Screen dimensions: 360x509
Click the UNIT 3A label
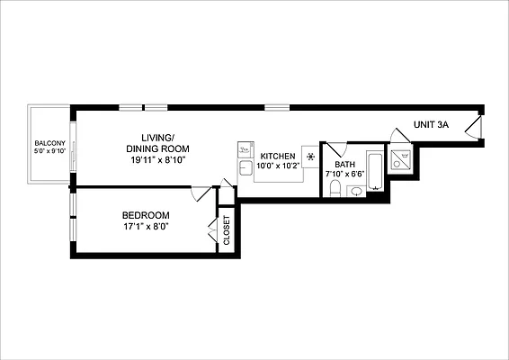431,125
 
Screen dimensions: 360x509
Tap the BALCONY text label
47,144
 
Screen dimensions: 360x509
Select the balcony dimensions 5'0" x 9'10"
47,152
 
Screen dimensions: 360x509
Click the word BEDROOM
146,216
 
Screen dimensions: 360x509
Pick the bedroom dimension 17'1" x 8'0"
146,228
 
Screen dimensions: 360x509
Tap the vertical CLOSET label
227,231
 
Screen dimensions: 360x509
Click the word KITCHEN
277,156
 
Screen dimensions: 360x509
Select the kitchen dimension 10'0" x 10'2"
277,166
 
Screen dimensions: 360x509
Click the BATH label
344,165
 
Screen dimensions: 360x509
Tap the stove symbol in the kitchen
310,157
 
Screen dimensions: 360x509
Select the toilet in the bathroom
334,187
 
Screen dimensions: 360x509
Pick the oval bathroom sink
356,191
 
